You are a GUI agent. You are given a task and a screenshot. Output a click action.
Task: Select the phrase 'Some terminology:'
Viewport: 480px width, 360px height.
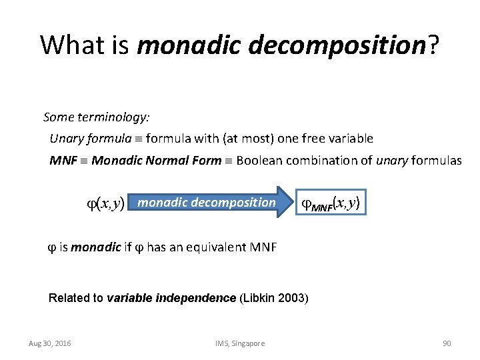pyautogui.click(x=97, y=117)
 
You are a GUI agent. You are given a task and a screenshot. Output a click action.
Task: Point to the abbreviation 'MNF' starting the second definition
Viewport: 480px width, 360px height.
pyautogui.click(x=63, y=160)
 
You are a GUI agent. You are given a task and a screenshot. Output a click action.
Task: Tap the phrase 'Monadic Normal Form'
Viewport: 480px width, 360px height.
pyautogui.click(x=156, y=160)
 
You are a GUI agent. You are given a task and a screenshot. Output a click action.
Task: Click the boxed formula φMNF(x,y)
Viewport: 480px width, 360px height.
pyautogui.click(x=331, y=203)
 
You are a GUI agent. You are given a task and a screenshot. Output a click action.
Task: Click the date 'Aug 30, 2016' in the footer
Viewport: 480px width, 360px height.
pyautogui.click(x=51, y=343)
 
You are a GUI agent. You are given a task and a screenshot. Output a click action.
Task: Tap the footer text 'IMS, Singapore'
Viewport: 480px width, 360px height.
pyautogui.click(x=240, y=343)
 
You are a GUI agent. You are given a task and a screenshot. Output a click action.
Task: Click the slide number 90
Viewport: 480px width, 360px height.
pyautogui.click(x=447, y=343)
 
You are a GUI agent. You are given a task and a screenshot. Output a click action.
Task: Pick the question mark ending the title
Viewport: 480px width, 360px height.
pyautogui.click(x=433, y=45)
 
